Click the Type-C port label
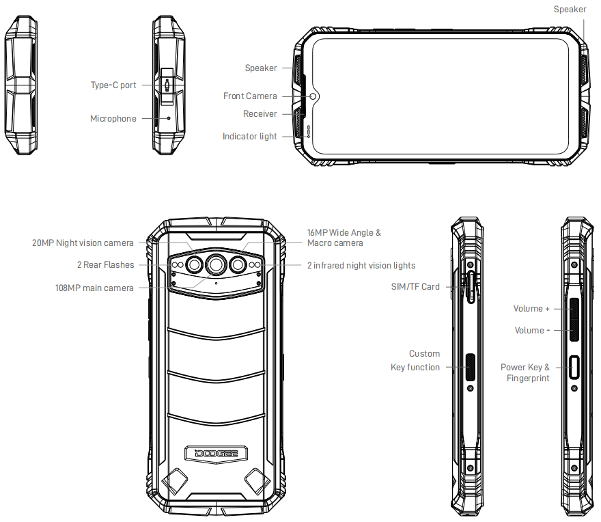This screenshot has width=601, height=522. pos(113,85)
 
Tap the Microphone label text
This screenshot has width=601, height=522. pos(113,118)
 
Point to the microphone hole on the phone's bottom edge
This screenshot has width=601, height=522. pos(169,118)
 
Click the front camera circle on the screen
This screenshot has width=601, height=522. pos(313,96)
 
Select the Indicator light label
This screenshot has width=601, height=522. pos(250,137)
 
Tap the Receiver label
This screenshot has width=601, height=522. pos(260,114)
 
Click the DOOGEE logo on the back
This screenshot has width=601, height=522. pos(216,454)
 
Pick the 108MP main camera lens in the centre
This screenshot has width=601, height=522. pos(216,264)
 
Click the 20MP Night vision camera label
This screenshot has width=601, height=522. pos(83,243)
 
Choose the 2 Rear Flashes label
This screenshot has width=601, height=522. pos(106,264)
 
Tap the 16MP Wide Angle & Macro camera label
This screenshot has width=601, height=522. pos(344,238)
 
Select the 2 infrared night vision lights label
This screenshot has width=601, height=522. pos(361,265)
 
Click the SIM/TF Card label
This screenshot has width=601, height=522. pos(415,286)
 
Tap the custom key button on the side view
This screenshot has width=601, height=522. pos(471,367)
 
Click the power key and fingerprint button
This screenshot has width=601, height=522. pos(574,368)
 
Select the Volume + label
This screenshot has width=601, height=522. pos(531,309)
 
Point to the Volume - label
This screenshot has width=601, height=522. pos(532,330)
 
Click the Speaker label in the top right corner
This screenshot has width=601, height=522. pos(570,9)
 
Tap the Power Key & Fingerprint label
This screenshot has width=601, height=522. pos(525,372)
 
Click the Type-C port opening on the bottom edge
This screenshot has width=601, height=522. pos(167,85)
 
